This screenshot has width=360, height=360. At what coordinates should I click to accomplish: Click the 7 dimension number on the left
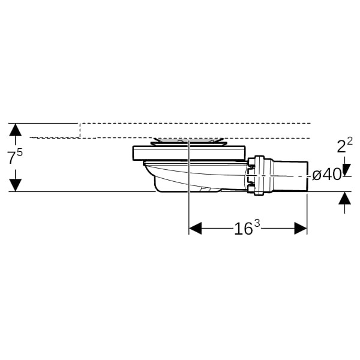(x=11, y=158)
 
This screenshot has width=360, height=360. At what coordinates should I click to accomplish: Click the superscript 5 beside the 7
(x=20, y=152)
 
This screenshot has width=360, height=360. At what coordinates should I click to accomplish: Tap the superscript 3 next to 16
(x=257, y=223)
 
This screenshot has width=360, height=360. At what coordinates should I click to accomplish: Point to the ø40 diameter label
(x=327, y=175)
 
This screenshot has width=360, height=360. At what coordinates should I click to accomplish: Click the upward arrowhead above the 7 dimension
(x=15, y=130)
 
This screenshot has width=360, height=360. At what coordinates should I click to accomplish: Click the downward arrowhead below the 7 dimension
(x=15, y=185)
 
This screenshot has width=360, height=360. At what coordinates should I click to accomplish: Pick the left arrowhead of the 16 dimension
(x=195, y=228)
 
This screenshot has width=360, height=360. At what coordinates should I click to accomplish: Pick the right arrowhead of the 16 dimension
(x=301, y=228)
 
